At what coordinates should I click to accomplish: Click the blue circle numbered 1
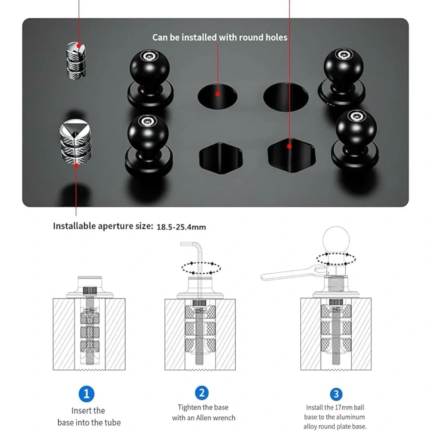coord(87,394)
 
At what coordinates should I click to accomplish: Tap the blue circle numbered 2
coord(202,393)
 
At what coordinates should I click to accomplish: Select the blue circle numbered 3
coord(336,394)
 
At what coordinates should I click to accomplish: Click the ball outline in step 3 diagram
coord(336,239)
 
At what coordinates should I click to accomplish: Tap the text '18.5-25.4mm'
coord(181,227)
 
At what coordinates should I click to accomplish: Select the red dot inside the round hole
coord(218,94)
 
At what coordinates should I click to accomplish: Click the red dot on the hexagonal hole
coord(289,147)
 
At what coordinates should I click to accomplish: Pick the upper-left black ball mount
coord(150,78)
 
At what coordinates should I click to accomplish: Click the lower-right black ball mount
coord(356,140)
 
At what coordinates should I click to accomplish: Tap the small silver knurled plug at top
coord(76,59)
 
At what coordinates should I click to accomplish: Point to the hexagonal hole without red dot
coord(221,158)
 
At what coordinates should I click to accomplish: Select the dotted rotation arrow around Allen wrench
coord(201,268)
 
